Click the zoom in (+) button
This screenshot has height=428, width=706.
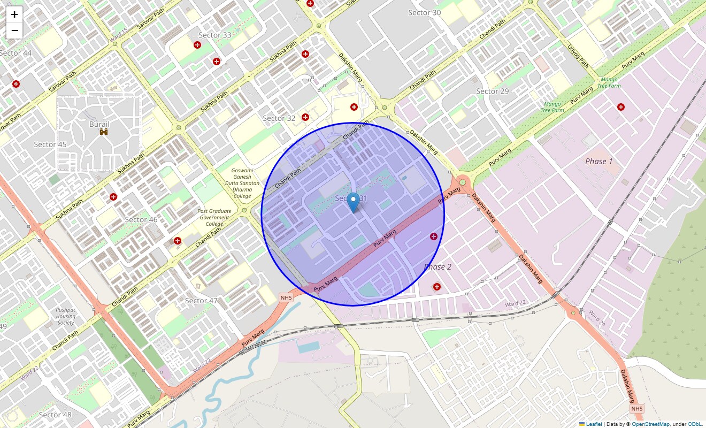pos(14,14)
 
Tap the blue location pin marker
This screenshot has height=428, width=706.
pos(353,203)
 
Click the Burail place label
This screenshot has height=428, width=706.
pos(99,124)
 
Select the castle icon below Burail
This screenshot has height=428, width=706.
pos(104,131)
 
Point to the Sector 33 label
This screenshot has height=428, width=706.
pos(215,35)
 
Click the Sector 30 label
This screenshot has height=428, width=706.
pos(425,13)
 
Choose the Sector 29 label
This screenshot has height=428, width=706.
pos(493,91)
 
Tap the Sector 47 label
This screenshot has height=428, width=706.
pos(201,301)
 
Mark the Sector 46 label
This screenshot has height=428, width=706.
pos(141,219)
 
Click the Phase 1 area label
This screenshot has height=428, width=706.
pos(599,161)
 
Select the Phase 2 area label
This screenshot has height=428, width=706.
pos(438,266)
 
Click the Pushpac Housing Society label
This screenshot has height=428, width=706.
pos(66,316)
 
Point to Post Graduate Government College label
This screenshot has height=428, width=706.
pos(214,217)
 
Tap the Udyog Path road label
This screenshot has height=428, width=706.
pos(578,56)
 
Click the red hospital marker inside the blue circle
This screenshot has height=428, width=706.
pos(434,236)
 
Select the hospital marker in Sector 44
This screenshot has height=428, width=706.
pos(16,84)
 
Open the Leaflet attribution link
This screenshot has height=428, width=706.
pos(594,424)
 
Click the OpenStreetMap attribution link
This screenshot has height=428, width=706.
pos(650,424)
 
